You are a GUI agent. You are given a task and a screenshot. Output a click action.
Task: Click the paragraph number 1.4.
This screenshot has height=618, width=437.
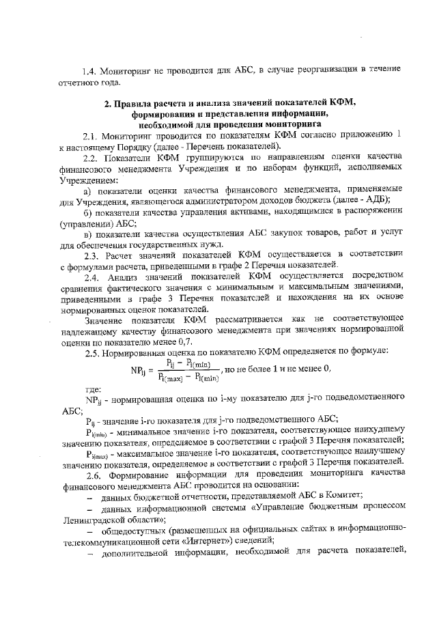[90, 70]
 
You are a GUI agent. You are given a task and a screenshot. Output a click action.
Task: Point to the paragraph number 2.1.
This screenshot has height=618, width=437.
[92, 137]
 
